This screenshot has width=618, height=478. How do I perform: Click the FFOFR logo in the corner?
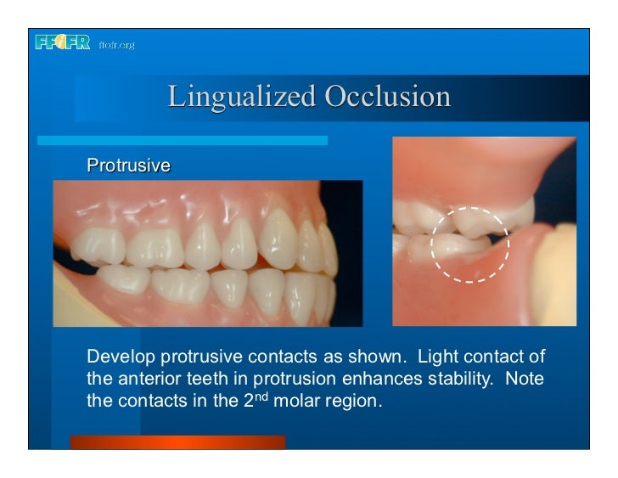(x=62, y=42)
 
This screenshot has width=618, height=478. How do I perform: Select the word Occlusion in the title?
(x=387, y=96)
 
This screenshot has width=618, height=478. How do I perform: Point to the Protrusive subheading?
(x=128, y=166)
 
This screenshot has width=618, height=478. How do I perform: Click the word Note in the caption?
(x=524, y=376)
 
